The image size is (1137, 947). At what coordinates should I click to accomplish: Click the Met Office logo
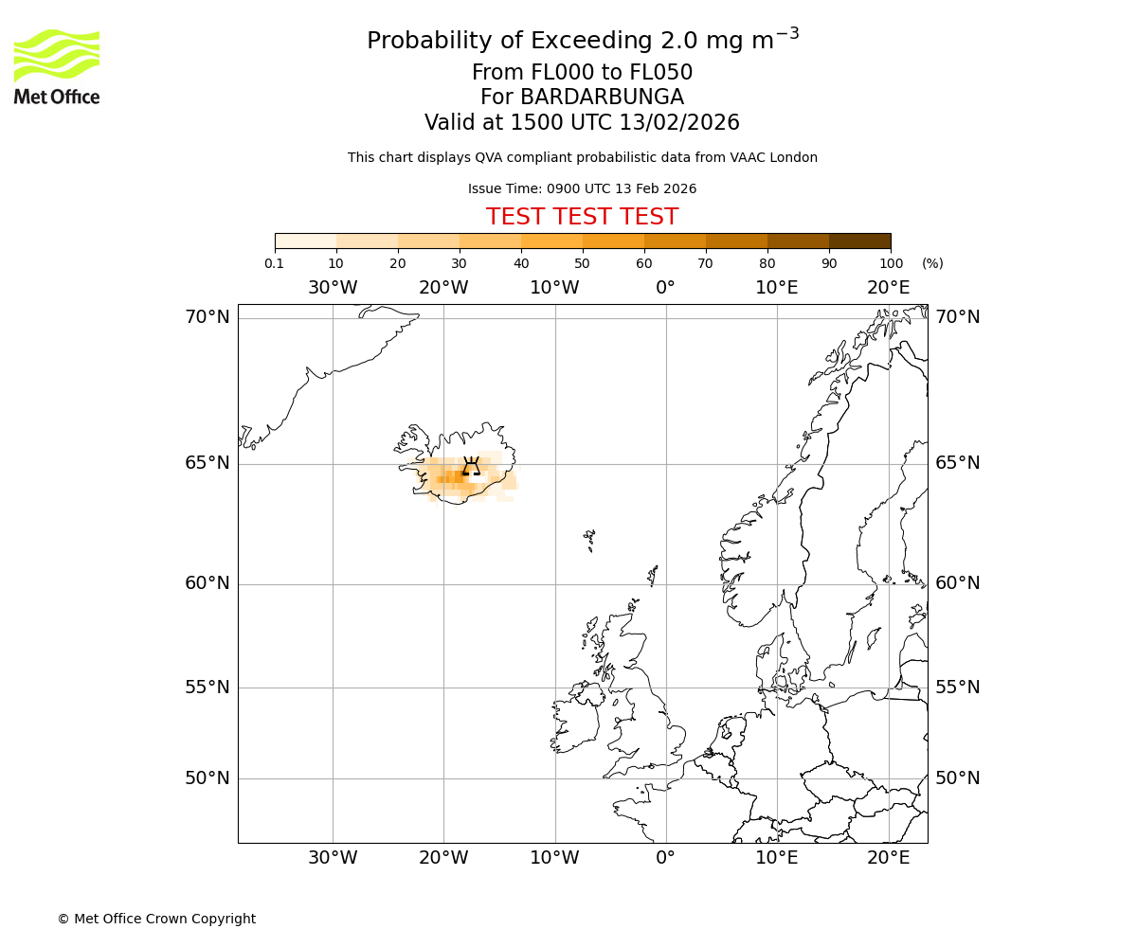point(57,66)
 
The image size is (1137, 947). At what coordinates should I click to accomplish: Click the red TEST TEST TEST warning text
point(582,217)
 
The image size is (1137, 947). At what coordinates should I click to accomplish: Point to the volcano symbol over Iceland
point(471,465)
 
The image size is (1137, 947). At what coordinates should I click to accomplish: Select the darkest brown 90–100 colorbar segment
point(859,241)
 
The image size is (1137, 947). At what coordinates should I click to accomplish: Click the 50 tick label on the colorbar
point(582,263)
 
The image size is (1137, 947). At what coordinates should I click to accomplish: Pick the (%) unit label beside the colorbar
point(932,263)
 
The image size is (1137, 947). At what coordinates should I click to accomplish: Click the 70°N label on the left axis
point(207,317)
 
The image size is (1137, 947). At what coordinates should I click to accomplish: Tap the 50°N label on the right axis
point(957,778)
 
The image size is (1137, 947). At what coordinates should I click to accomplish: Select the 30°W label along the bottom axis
point(333,858)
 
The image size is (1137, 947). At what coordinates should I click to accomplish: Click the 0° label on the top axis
point(665,288)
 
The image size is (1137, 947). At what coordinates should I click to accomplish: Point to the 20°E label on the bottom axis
point(888,858)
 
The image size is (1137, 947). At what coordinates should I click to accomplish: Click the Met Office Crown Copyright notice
point(156,919)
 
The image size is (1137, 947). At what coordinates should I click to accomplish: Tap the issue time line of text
point(582,188)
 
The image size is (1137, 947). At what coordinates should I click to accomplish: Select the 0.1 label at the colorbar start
point(274,263)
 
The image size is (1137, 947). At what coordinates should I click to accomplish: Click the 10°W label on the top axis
point(554,288)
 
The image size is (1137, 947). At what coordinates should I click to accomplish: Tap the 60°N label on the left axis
point(207,583)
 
